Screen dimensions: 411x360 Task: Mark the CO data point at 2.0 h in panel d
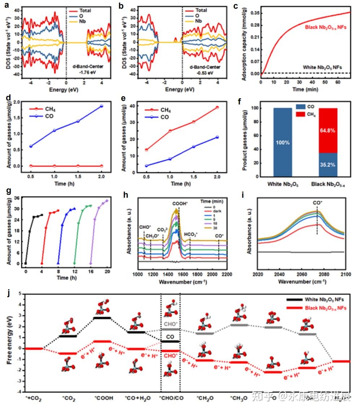pyautogui.click(x=101, y=106)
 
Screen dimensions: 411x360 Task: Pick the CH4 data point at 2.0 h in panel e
pyautogui.click(x=217, y=107)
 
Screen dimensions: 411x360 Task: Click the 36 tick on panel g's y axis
pyautogui.click(x=17, y=198)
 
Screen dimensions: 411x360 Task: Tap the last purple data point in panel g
pyautogui.click(x=107, y=201)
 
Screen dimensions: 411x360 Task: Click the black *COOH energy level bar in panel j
pyautogui.click(x=102, y=318)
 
